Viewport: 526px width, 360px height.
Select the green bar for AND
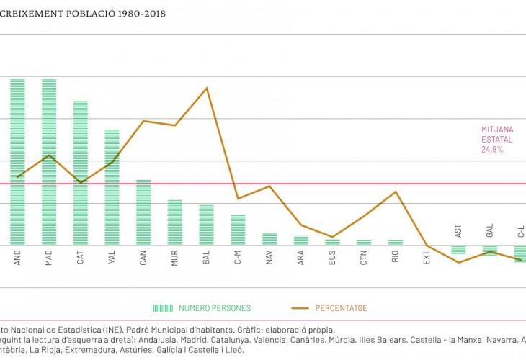click(17, 162)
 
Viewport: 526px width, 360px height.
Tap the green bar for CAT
click(81, 173)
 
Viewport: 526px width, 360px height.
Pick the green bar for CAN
click(143, 212)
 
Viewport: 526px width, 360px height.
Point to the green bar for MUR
click(175, 222)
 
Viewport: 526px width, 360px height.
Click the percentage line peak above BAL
click(207, 88)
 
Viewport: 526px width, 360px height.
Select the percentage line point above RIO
click(396, 192)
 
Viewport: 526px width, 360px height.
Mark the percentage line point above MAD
click(49, 156)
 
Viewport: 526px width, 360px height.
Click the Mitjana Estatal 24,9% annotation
click(497, 140)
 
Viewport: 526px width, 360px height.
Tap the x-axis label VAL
click(112, 258)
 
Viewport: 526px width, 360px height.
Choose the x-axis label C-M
click(238, 258)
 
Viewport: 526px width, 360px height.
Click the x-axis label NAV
click(269, 258)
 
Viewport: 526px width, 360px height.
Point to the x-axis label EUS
click(332, 258)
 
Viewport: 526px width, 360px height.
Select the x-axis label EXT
click(427, 258)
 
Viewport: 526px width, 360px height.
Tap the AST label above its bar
click(458, 231)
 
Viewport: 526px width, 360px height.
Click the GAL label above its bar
click(490, 231)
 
